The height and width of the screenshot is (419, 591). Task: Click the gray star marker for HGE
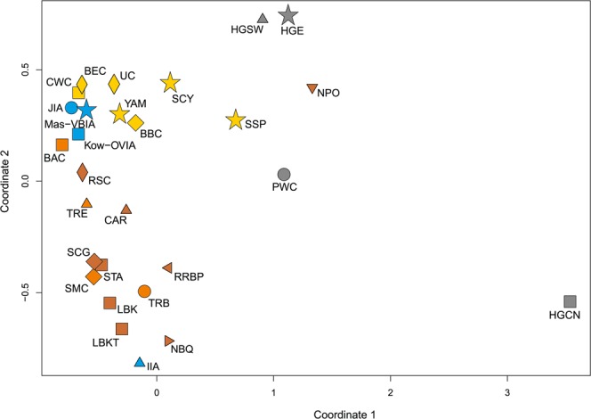[x=288, y=15]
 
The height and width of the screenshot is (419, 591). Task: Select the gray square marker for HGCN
[x=570, y=301]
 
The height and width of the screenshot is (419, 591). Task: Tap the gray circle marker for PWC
[x=284, y=174]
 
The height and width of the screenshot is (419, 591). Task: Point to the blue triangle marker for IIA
[x=140, y=362]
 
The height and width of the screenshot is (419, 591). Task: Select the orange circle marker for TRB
[x=144, y=292]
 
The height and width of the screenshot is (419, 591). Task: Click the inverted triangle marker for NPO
[x=312, y=88]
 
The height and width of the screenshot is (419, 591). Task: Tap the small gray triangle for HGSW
[x=262, y=18]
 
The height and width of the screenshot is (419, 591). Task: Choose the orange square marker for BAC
[x=62, y=144]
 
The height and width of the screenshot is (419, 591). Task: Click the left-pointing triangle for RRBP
[x=167, y=267]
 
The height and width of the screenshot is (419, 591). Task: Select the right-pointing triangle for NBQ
[x=169, y=341]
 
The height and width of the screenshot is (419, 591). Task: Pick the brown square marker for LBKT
[x=122, y=329]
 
